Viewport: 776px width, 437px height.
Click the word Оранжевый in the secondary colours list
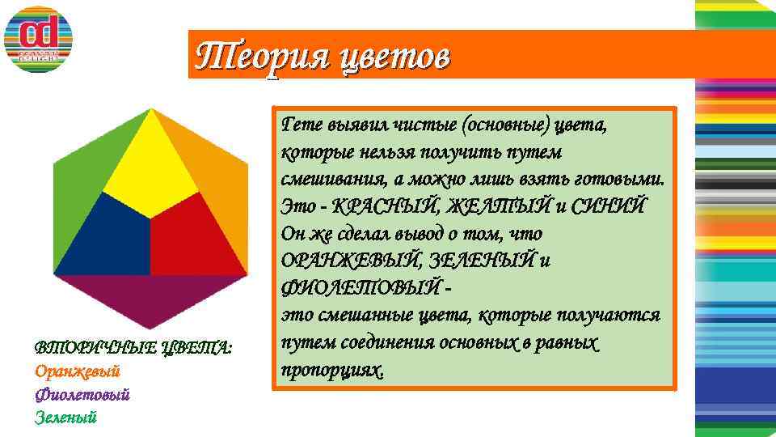(78, 371)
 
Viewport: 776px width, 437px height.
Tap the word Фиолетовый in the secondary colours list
(82, 394)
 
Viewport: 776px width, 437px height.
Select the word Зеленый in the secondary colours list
(65, 418)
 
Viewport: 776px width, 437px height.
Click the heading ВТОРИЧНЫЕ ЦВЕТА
(133, 348)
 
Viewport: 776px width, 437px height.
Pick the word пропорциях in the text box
(331, 369)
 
